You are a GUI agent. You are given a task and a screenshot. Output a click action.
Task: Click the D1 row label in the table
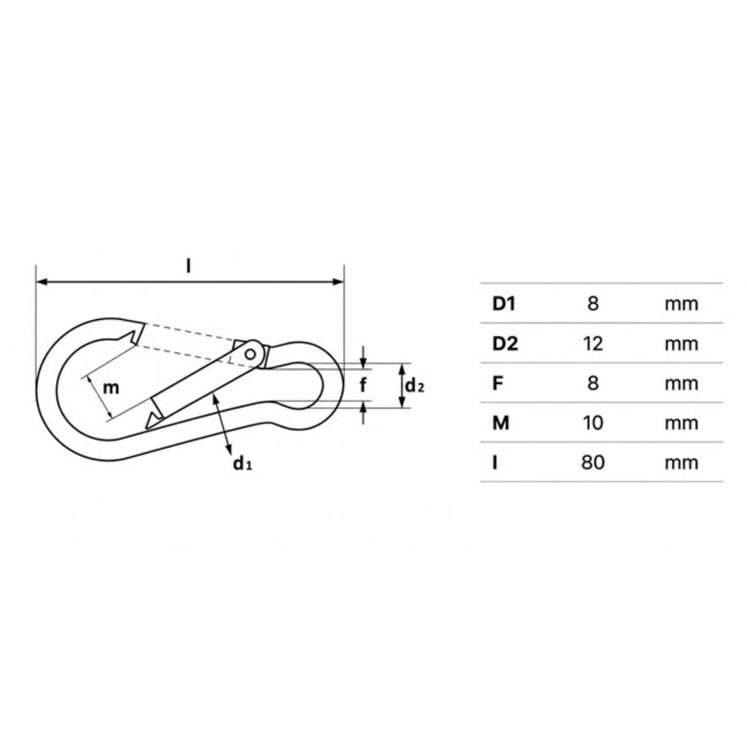point(504,303)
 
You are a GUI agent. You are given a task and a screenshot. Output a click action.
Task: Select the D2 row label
point(505,344)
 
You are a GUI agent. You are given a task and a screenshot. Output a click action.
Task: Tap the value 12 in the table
point(592,344)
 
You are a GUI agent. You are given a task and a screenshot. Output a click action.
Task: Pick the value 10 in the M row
point(592,423)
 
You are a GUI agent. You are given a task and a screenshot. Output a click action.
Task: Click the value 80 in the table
point(592,462)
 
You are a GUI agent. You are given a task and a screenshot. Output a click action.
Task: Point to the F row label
point(497,383)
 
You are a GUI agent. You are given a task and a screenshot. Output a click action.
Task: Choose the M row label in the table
point(501,423)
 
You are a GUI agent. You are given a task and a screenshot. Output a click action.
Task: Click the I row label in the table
point(495,462)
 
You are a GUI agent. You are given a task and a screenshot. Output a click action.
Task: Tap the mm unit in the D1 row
point(681,304)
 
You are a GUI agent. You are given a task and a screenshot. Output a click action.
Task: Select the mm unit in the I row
point(681,462)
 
